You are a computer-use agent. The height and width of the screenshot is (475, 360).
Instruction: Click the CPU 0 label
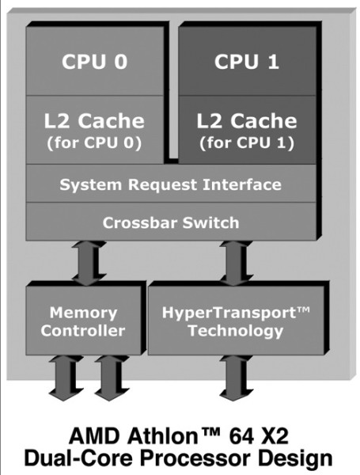click(x=93, y=62)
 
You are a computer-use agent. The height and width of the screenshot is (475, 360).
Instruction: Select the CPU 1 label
click(x=246, y=62)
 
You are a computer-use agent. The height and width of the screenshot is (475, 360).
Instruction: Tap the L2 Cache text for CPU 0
click(x=93, y=121)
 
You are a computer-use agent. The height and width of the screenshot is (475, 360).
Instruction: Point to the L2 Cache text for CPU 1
click(x=246, y=121)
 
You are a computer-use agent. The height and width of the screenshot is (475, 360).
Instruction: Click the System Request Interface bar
click(x=170, y=185)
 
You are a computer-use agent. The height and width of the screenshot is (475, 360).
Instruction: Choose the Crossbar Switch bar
click(x=170, y=222)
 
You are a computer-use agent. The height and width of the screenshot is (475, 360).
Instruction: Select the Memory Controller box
click(x=83, y=321)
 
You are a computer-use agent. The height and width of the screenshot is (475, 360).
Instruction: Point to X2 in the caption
click(x=276, y=435)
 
